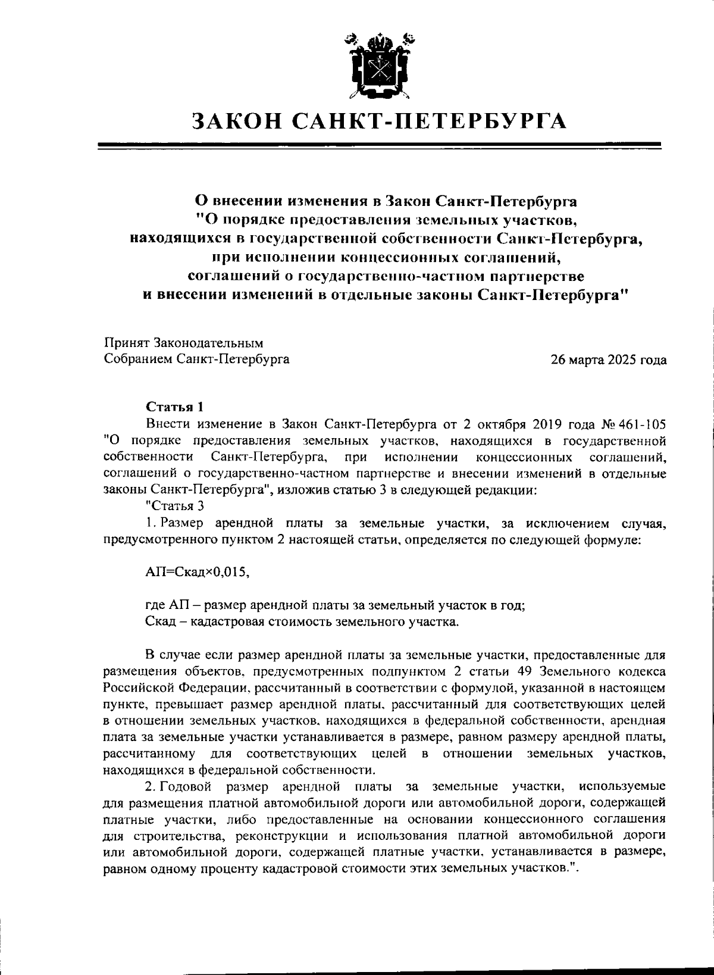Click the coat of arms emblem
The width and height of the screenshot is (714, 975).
tap(379, 66)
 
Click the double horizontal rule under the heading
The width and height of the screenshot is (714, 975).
tap(379, 145)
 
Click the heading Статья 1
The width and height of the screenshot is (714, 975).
tap(176, 407)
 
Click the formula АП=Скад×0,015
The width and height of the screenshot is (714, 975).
tap(197, 572)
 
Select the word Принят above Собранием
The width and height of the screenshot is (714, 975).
tap(127, 343)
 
